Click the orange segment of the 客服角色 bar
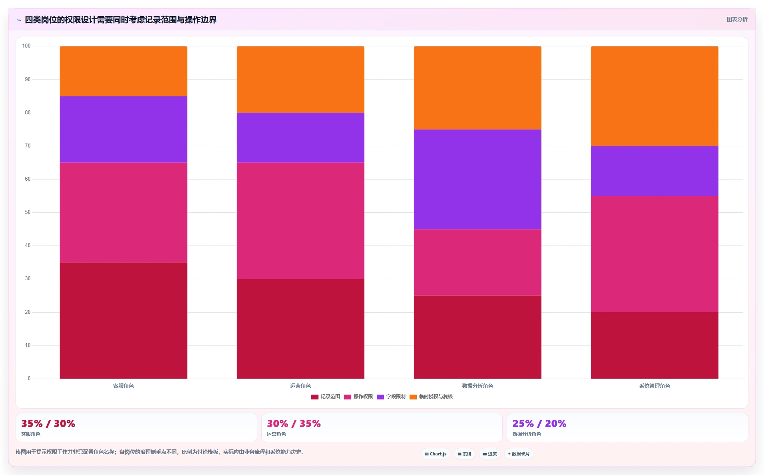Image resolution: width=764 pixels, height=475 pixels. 123,71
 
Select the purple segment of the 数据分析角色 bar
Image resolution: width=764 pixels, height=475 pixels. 477,179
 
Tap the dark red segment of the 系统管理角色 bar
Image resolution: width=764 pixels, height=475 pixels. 655,345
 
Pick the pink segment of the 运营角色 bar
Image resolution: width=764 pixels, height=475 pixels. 300,221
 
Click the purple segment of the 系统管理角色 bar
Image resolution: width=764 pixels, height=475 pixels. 655,171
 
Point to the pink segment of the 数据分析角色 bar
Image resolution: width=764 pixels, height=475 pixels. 477,262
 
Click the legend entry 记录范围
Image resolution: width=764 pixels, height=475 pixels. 326,397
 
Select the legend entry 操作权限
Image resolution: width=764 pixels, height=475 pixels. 358,397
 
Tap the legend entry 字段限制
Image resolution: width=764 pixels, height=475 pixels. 391,397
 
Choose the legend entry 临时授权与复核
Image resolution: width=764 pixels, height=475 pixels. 431,397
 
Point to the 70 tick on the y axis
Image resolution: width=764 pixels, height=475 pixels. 28,146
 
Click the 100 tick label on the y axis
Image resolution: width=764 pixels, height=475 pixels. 26,46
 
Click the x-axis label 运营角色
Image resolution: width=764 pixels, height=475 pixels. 300,386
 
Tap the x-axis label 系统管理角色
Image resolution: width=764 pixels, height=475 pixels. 655,386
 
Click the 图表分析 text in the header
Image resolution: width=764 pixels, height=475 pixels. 737,19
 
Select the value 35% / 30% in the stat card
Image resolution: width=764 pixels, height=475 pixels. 48,423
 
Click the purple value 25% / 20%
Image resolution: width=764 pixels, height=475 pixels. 539,423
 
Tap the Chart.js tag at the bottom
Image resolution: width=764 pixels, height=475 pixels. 436,454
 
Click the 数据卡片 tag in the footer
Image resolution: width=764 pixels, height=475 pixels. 519,454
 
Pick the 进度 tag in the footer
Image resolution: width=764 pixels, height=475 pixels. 489,454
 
